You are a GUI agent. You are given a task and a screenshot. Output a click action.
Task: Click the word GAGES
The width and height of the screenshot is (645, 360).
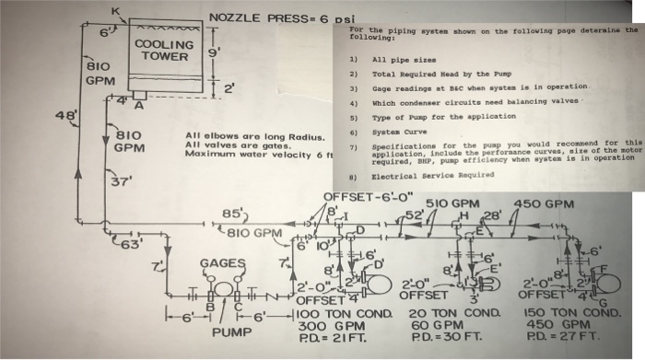pos(222,263)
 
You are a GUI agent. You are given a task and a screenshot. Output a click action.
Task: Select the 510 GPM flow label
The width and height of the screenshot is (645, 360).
pos(452,203)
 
